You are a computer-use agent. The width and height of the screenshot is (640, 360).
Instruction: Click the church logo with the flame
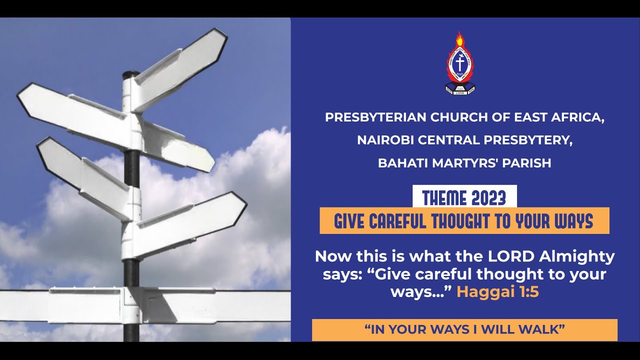460,64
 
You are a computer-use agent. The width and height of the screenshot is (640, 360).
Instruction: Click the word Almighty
577,257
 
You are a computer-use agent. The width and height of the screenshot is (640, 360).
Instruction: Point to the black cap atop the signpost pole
131,74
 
